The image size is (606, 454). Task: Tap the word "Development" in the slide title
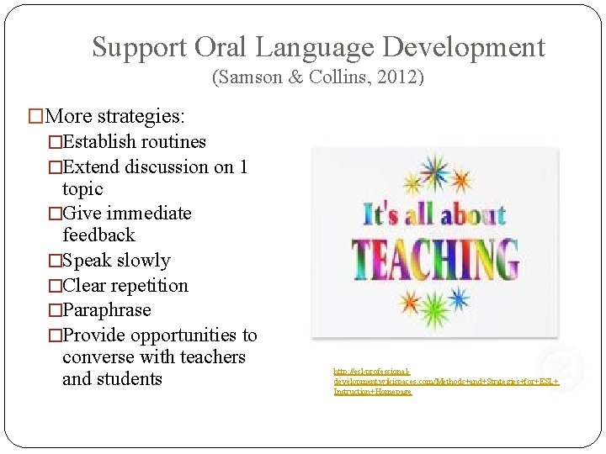(460, 47)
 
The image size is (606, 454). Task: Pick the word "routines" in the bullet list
(173, 141)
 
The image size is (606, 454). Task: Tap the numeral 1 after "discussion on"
(242, 166)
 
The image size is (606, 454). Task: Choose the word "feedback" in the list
(98, 235)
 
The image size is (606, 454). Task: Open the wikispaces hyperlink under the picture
(445, 381)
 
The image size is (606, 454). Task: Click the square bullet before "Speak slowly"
(56, 261)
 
